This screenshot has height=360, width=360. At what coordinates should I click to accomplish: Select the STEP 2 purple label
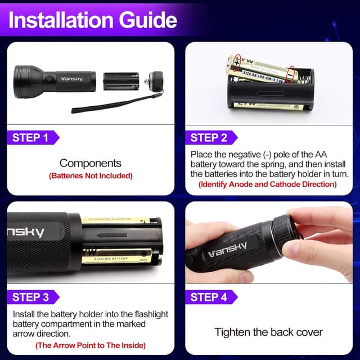pyautogui.click(x=209, y=137)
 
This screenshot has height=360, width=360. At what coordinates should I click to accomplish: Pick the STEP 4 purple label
pyautogui.click(x=209, y=297)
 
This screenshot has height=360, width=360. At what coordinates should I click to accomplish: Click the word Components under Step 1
pyautogui.click(x=90, y=163)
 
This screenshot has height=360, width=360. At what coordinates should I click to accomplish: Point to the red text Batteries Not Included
pyautogui.click(x=90, y=176)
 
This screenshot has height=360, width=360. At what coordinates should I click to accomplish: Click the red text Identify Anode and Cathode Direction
pyautogui.click(x=268, y=184)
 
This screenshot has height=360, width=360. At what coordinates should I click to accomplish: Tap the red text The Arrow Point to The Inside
pyautogui.click(x=90, y=345)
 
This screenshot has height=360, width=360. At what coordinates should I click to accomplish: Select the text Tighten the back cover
pyautogui.click(x=268, y=332)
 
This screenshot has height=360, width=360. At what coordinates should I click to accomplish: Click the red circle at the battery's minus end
pyautogui.click(x=290, y=75)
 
